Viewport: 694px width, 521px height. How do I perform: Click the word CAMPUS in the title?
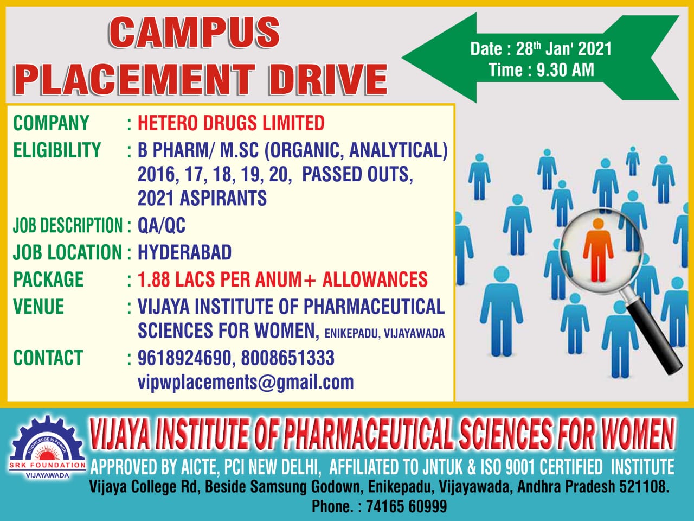coord(194,33)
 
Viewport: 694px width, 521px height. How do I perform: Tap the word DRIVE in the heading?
coord(328,79)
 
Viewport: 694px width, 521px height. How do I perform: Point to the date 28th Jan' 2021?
coord(564,49)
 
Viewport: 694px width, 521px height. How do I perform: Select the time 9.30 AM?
coord(566,70)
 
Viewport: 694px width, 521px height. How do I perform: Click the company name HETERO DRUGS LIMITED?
coord(231,123)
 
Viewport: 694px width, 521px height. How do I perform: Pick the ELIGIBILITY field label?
coord(57,150)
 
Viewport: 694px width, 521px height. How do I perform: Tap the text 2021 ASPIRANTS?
coord(202,198)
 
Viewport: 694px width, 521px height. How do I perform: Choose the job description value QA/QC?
coord(161,225)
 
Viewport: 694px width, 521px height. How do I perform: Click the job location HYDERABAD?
coord(185,252)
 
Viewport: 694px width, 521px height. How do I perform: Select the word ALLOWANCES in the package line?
coord(375,279)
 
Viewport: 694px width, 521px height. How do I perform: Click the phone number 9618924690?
coord(184,358)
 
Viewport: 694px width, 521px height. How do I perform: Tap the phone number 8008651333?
coord(288,358)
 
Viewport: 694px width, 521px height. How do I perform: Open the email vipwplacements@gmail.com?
coord(246,383)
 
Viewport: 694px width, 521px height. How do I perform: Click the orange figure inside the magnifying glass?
coord(598,250)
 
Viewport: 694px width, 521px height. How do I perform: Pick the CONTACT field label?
coord(48,358)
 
